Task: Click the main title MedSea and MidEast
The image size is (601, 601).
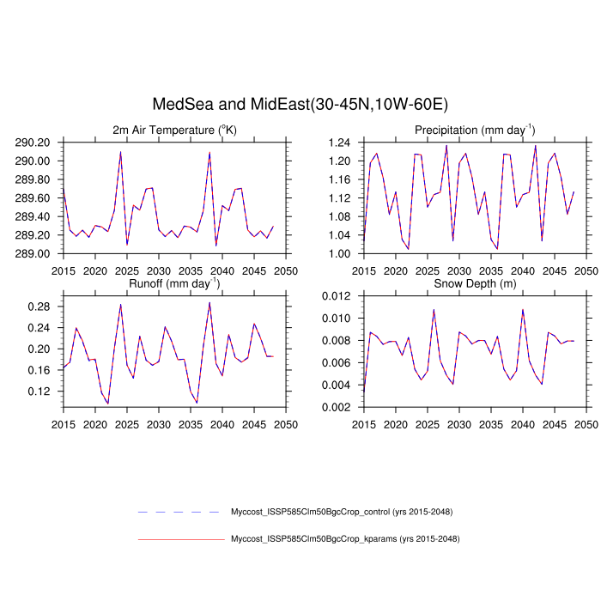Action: click(300, 105)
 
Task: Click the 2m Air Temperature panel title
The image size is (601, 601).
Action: click(174, 130)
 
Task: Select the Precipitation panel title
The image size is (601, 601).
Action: click(475, 130)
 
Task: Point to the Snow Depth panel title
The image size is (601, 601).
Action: click(475, 283)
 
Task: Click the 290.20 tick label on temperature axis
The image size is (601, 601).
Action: click(38, 143)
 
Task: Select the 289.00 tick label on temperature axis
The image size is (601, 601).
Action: click(38, 253)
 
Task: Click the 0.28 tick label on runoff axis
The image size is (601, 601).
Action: click(41, 307)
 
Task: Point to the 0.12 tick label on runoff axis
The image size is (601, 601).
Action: click(41, 391)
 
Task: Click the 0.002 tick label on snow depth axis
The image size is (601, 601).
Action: click(338, 407)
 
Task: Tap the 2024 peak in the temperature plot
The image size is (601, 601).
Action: click(120, 152)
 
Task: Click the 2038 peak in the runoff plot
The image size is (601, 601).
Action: click(209, 302)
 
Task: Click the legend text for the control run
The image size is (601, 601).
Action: click(342, 512)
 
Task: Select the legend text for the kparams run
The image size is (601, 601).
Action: click(345, 539)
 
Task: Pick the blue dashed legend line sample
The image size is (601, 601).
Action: click(180, 512)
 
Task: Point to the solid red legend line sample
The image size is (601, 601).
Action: click(180, 539)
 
